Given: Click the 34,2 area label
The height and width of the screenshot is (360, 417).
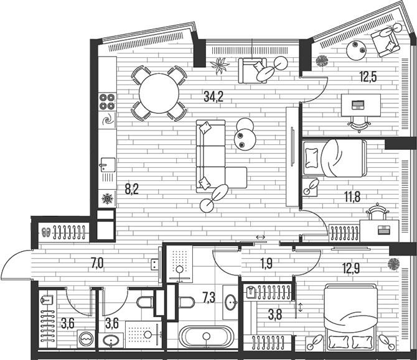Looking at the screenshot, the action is tap(213, 96).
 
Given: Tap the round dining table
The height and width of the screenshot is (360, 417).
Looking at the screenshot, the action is tap(159, 93).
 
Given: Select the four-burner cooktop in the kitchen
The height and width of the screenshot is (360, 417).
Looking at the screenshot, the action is tap(107, 102).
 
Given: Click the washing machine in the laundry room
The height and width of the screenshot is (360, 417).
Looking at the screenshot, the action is tap(86, 339).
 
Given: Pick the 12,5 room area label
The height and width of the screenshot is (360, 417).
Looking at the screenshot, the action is tap(368, 77).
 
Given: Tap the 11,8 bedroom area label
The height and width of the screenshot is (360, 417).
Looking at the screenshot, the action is tap(352, 197).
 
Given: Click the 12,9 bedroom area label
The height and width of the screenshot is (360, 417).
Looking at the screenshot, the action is tap(351, 269).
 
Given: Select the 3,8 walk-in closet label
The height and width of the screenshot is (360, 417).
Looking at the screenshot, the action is tap(275, 315).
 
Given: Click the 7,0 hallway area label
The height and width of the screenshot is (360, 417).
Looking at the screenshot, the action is tap(97, 264).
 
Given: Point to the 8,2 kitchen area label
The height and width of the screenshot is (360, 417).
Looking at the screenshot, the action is tap(132, 190).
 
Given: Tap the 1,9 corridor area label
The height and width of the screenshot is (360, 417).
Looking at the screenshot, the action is tap(266, 264).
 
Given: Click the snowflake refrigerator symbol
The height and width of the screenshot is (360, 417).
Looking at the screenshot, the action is tap(107, 198).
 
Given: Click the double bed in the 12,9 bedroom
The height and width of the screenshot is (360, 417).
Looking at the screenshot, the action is tap(351, 316).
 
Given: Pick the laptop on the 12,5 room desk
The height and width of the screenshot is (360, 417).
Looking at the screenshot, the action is tap(358, 105).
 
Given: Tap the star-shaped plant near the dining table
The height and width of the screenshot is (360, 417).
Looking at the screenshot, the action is tap(220, 65).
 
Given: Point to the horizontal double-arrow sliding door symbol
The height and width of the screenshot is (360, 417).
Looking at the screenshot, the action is tap(260, 237).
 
